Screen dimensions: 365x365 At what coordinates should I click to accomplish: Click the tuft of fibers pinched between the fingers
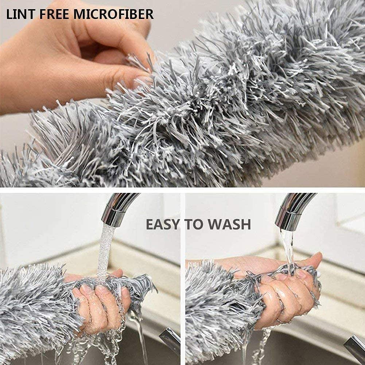[140, 60]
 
